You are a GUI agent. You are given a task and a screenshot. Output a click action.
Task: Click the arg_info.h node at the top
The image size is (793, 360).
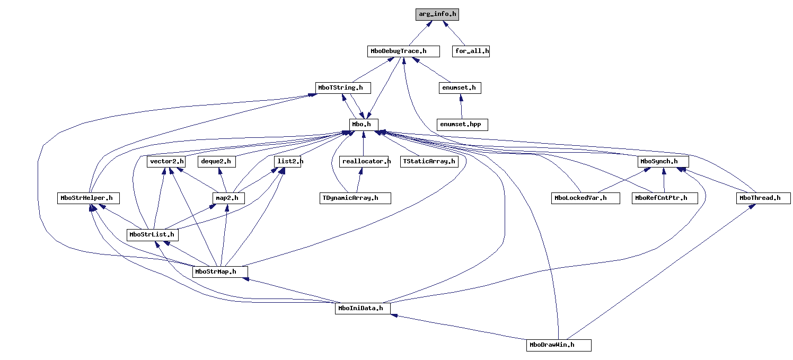click(x=437, y=15)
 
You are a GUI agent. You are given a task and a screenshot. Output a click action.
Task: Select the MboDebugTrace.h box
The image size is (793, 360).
click(x=404, y=51)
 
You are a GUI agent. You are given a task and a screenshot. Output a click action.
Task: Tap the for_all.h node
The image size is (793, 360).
click(x=471, y=51)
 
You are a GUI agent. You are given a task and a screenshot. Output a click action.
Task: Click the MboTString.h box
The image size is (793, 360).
click(x=342, y=87)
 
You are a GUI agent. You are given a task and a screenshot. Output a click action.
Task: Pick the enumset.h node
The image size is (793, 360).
click(x=460, y=87)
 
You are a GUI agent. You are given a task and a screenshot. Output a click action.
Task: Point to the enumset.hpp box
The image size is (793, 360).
click(x=462, y=124)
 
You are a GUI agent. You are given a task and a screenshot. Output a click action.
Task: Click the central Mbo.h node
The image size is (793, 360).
click(x=364, y=124)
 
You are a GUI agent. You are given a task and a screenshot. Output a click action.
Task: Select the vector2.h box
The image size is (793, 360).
click(x=166, y=161)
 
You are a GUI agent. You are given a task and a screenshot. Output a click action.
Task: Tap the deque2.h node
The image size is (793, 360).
click(x=216, y=161)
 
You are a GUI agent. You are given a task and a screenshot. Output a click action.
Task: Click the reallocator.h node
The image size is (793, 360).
click(x=366, y=161)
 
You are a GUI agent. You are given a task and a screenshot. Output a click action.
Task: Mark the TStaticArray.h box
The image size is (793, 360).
click(x=429, y=161)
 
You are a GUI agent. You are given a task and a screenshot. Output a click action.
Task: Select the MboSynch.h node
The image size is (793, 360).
click(x=664, y=161)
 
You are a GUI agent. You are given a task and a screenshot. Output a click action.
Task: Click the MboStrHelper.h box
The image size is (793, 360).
click(x=89, y=198)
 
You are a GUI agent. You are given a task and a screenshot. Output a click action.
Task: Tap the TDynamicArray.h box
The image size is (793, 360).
click(x=355, y=198)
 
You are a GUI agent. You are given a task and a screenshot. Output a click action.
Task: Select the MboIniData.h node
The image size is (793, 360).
click(x=363, y=308)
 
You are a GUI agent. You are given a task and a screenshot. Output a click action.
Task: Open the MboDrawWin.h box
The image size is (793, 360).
click(x=559, y=345)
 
